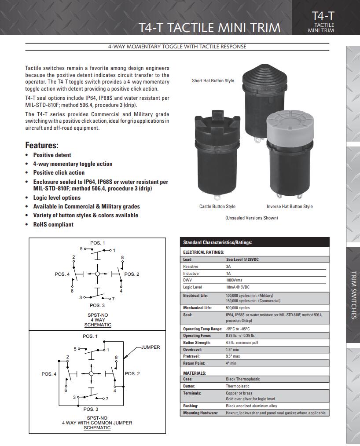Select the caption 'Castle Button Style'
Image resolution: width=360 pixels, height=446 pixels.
pos(217,206)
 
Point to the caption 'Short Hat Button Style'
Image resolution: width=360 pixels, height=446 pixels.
pos(213,81)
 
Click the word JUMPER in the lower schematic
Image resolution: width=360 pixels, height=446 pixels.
pos(151,347)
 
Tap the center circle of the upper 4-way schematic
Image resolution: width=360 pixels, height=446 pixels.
pos(97,274)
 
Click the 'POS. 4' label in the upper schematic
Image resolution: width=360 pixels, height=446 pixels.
pos(62,274)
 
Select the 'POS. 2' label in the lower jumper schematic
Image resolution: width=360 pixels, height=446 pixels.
pos(132,373)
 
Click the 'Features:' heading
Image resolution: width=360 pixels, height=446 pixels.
pos(42,145)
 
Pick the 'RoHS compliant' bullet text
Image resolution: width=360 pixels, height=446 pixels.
pos(53,224)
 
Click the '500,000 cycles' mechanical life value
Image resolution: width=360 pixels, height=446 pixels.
pos(238,308)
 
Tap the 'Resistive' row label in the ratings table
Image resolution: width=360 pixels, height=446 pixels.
pos(191,267)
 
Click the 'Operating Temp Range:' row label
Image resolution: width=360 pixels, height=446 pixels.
pos(202,329)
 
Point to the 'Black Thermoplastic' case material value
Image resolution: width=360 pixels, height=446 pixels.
pos(243,379)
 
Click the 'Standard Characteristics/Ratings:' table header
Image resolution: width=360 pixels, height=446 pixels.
pos(217,243)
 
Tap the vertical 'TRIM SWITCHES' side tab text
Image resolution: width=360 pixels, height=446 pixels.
pos(354,295)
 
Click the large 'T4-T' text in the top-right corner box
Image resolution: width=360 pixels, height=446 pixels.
pos(323,16)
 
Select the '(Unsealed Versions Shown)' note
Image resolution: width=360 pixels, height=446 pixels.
pos(252,218)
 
